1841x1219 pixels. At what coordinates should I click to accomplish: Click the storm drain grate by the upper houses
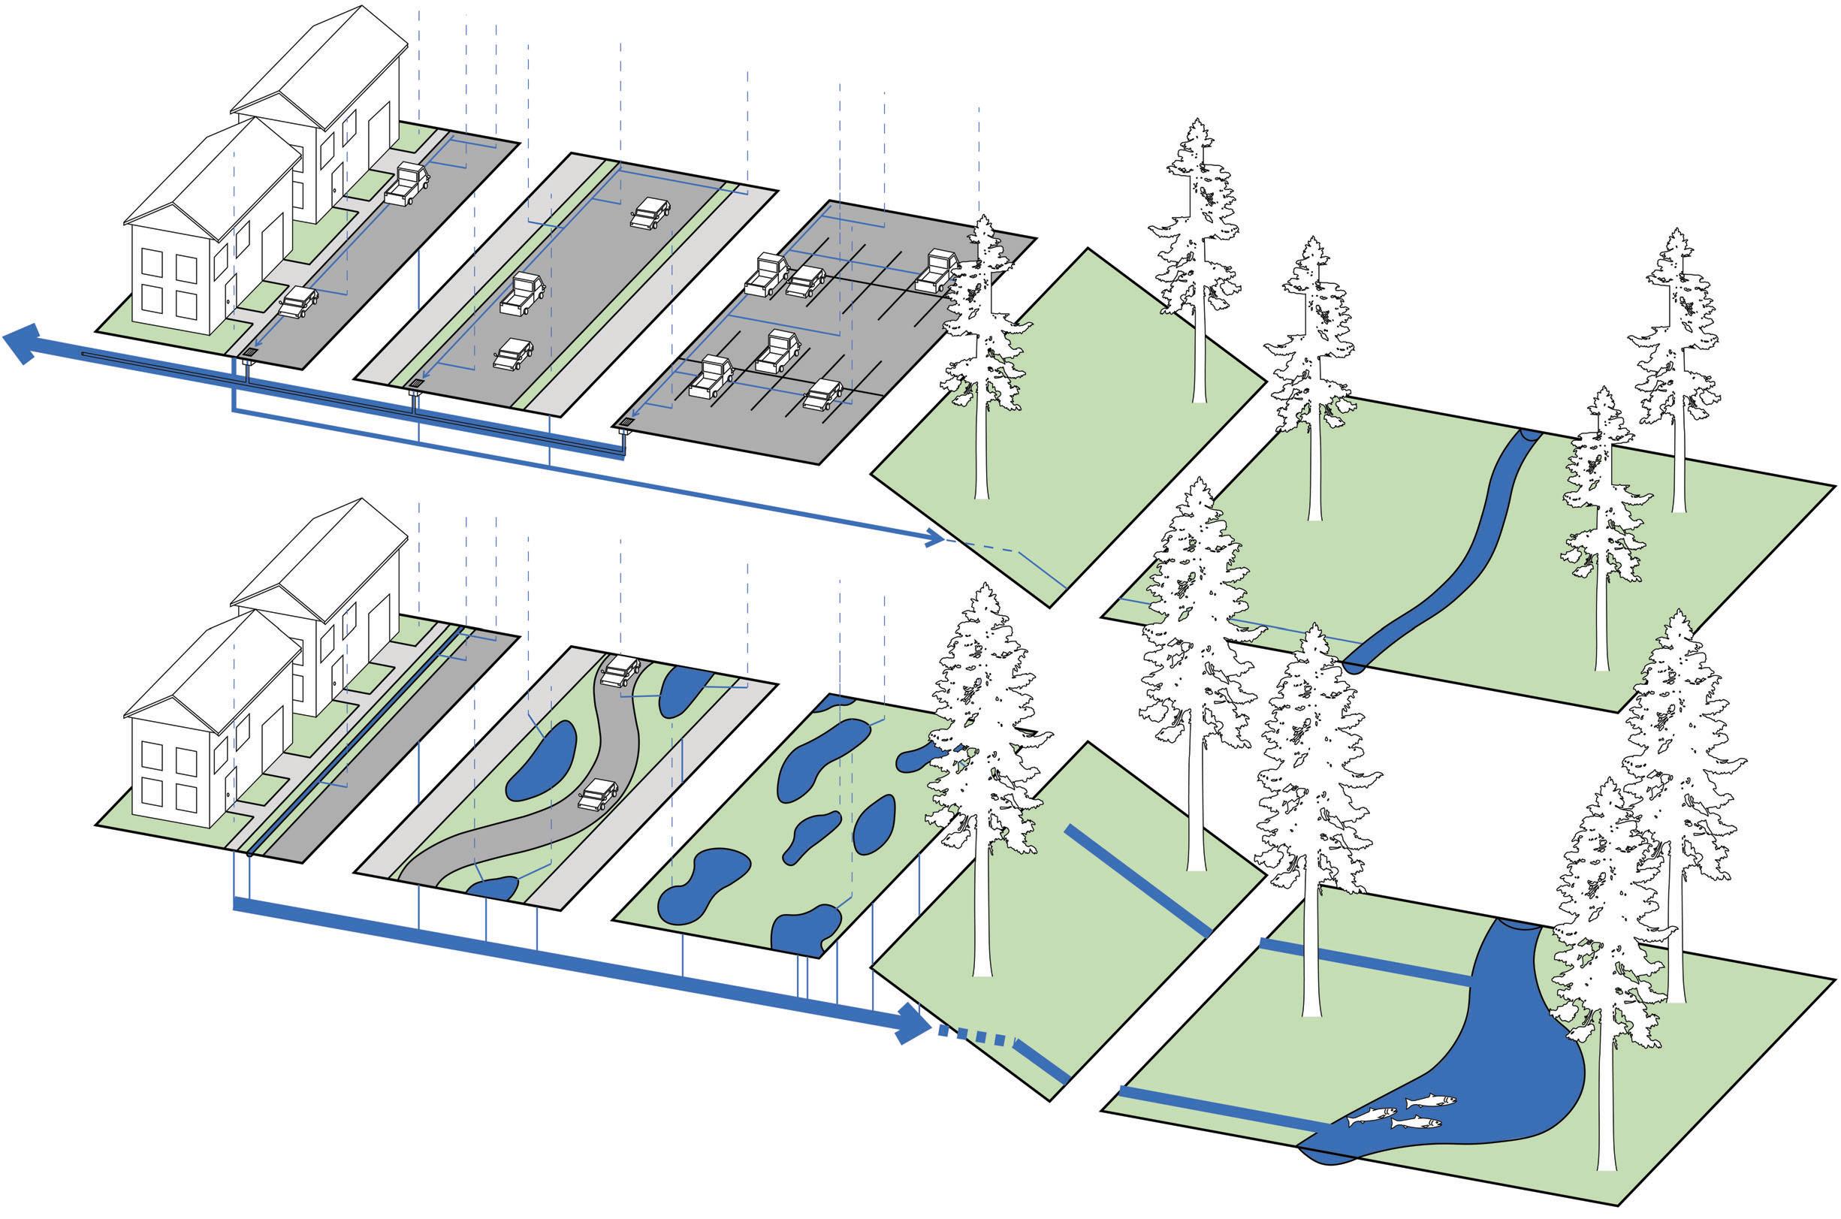249,353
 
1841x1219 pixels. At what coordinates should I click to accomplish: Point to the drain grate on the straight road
418,383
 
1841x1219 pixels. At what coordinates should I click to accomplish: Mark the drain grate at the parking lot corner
626,423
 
